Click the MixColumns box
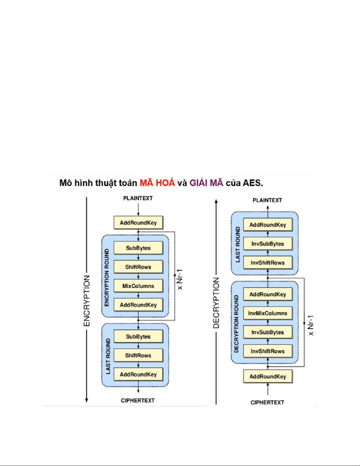(x=138, y=286)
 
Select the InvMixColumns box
(x=267, y=313)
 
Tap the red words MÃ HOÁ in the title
(x=157, y=183)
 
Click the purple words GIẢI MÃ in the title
(x=206, y=183)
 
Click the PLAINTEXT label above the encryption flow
(x=138, y=198)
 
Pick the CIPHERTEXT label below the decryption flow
(x=267, y=402)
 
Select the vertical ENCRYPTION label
(x=87, y=300)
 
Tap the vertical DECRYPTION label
(x=216, y=303)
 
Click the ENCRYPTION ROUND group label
(x=107, y=278)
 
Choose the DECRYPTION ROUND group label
(x=236, y=324)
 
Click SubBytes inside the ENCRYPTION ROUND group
(x=138, y=248)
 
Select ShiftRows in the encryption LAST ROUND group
(x=138, y=355)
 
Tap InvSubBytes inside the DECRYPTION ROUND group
(x=267, y=332)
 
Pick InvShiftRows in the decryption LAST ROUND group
(x=267, y=263)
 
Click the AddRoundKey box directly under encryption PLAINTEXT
(x=138, y=223)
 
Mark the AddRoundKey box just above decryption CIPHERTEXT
(x=267, y=376)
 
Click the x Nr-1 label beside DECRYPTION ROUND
(x=311, y=325)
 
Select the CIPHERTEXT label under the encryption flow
(x=138, y=400)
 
